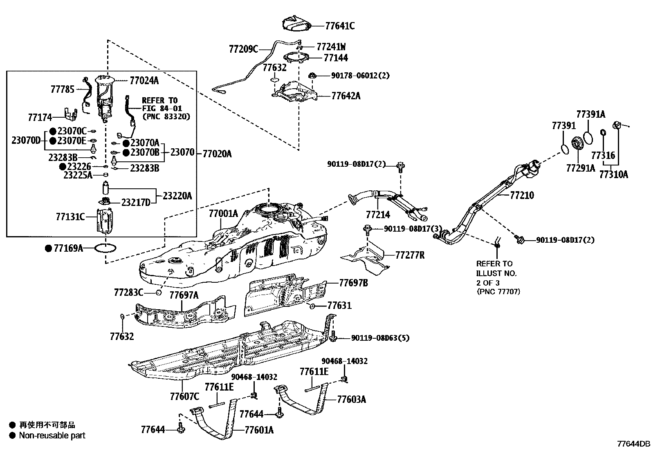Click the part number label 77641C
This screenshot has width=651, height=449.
pyautogui.click(x=340, y=26)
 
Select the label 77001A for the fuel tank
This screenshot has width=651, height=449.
pyautogui.click(x=223, y=214)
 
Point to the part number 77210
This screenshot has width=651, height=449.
pyautogui.click(x=522, y=195)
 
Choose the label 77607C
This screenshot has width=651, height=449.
pyautogui.click(x=184, y=396)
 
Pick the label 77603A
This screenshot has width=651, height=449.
pyautogui.click(x=351, y=399)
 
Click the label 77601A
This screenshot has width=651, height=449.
pyautogui.click(x=259, y=430)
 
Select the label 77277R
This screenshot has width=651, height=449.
pyautogui.click(x=410, y=255)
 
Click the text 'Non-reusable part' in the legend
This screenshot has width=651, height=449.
pyautogui.click(x=52, y=436)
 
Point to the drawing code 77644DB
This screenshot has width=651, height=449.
pyautogui.click(x=633, y=444)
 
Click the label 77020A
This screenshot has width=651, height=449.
pyautogui.click(x=217, y=154)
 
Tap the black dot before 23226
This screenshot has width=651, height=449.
pyautogui.click(x=63, y=167)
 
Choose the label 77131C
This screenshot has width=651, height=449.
pyautogui.click(x=70, y=217)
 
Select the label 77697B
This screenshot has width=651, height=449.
pyautogui.click(x=353, y=282)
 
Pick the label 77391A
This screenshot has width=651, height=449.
pyautogui.click(x=590, y=114)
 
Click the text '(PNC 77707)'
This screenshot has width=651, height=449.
pyautogui.click(x=498, y=292)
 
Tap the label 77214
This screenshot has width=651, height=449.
pyautogui.click(x=378, y=214)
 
